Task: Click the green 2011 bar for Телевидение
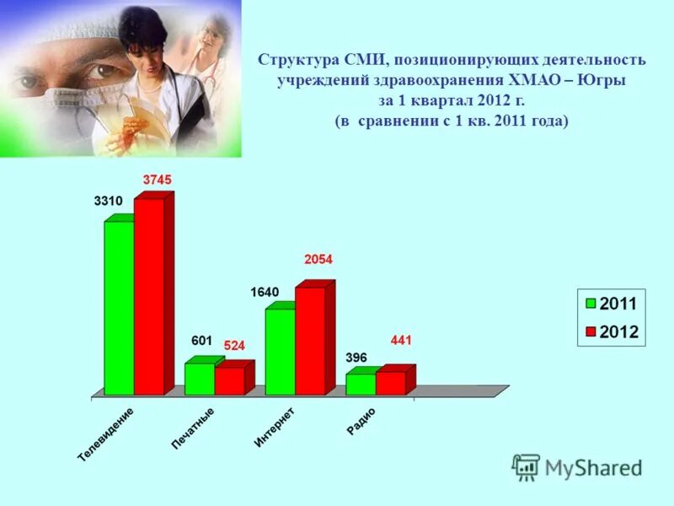pos(119,308)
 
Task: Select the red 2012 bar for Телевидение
pos(149,297)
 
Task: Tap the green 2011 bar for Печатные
pos(200,379)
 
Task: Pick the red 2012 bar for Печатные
pos(229,381)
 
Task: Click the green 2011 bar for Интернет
pos(280,352)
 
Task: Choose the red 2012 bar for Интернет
pos(310,342)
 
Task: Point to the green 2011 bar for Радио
pos(361,385)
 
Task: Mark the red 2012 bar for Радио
pos(390,384)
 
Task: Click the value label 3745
pos(157,180)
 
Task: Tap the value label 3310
pos(108,201)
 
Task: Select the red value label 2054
pos(318,260)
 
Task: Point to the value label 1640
pos(265,292)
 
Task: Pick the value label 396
pos(356,358)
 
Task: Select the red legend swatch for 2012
pos(591,331)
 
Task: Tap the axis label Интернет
pos(275,427)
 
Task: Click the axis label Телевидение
pos(106,433)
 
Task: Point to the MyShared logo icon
pos(526,467)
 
